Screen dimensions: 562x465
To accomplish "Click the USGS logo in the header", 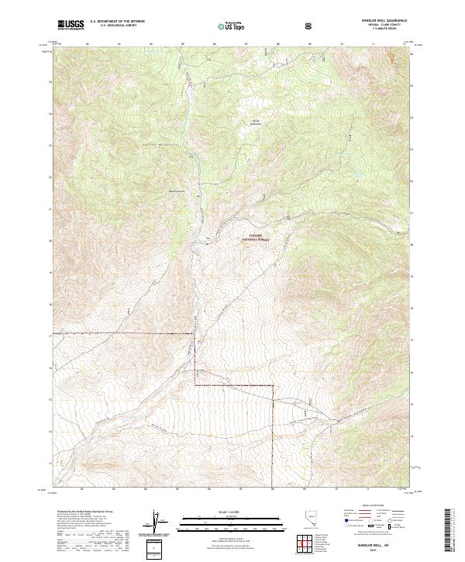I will coord(71,25).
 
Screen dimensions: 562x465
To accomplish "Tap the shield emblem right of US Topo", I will coord(309,26).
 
